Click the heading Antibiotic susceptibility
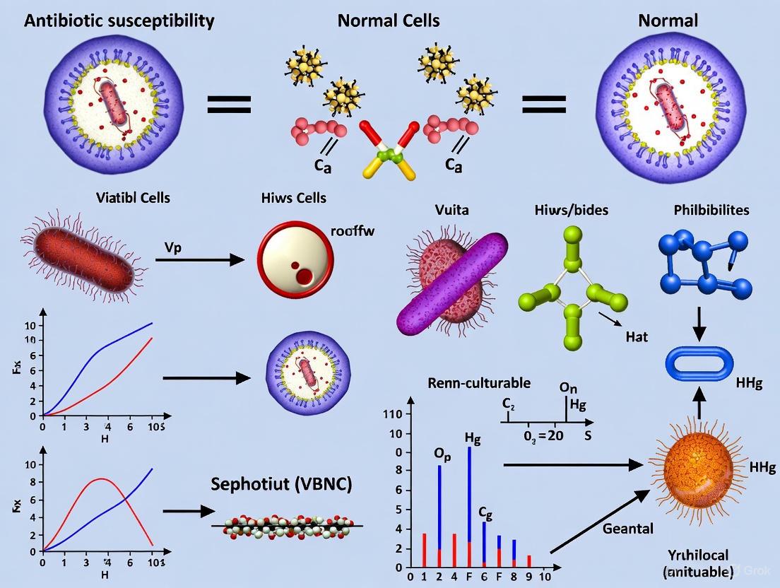point(119,20)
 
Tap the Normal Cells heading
point(389,20)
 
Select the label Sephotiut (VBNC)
point(281,485)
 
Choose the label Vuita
point(451,210)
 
